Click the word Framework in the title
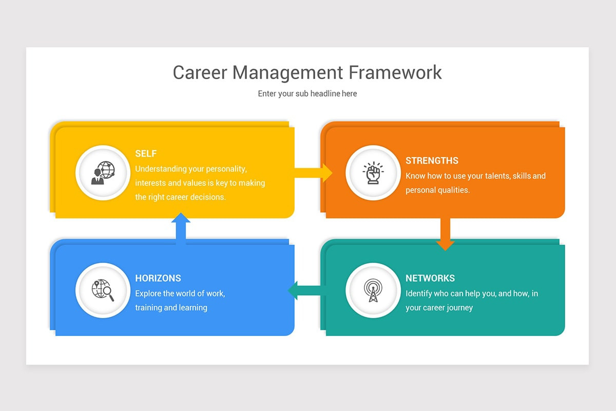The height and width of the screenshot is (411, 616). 395,72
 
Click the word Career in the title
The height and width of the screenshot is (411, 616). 200,72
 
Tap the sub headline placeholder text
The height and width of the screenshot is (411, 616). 307,94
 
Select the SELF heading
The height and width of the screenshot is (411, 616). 146,154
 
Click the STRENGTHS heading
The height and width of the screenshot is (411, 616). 432,161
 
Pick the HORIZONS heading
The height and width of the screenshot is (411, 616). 158,278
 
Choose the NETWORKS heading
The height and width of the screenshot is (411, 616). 430,278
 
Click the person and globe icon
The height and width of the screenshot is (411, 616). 103,173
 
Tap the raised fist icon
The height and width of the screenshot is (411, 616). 373,173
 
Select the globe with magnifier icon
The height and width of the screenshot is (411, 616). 103,290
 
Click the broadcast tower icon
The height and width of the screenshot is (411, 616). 373,290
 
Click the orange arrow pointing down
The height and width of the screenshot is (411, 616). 445,234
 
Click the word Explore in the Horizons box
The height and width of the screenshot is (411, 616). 148,294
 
